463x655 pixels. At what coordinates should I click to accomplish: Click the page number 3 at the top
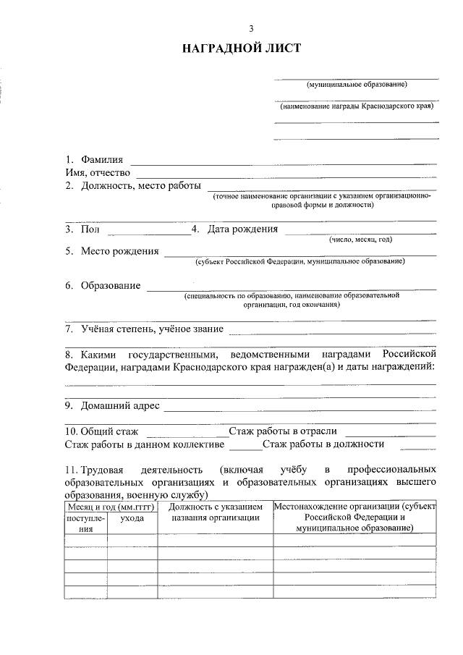click(251, 29)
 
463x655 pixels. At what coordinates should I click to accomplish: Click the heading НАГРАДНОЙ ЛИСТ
click(241, 48)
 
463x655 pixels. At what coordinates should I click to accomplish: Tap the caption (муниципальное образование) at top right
click(357, 85)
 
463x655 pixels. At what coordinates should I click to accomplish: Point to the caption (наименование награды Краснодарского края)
click(357, 106)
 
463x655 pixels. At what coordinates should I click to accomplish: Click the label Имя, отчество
click(98, 172)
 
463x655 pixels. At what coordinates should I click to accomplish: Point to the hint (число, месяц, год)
click(360, 239)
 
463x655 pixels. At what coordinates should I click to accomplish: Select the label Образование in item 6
click(110, 285)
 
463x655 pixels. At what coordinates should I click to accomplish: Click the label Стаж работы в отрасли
click(283, 431)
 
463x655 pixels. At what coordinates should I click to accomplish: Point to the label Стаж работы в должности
click(323, 444)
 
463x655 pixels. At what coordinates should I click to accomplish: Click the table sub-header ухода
click(132, 518)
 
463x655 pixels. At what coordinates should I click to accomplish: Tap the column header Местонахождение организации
click(354, 507)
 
